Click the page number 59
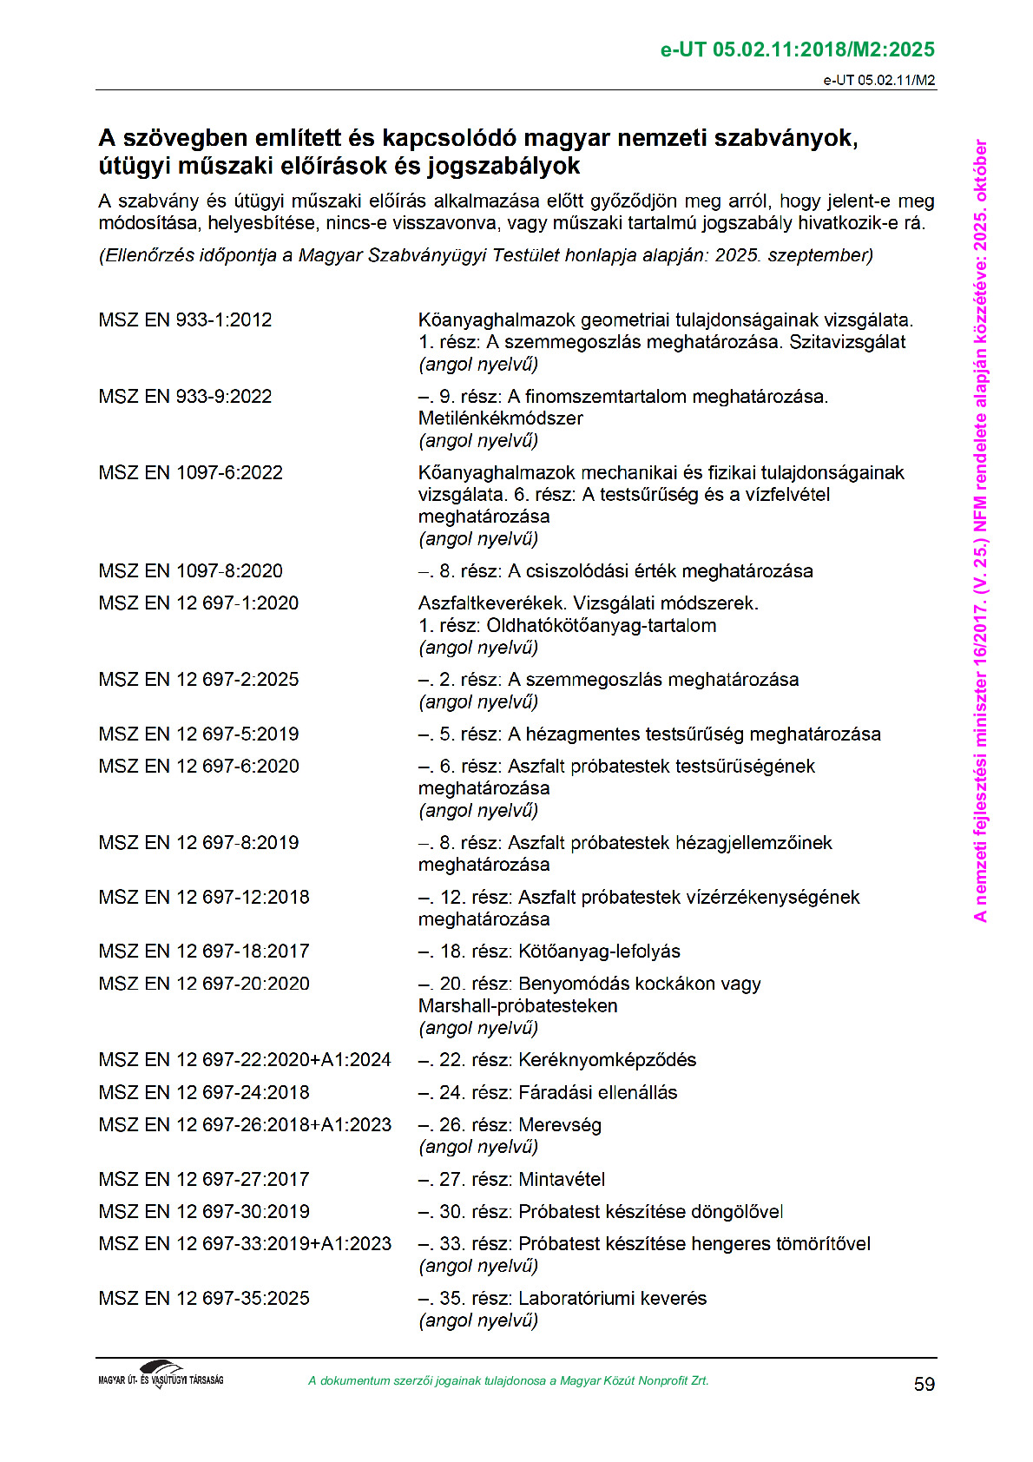click(924, 1384)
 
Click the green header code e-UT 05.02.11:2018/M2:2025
click(797, 49)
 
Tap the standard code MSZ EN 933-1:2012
click(185, 319)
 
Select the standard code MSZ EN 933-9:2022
click(185, 396)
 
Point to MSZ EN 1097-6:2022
click(190, 472)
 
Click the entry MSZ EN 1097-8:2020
click(190, 570)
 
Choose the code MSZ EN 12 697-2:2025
click(198, 679)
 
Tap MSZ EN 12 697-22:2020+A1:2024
click(244, 1059)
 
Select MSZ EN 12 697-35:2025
click(203, 1298)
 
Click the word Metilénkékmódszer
click(500, 418)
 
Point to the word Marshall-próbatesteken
click(517, 1005)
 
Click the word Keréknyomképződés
click(607, 1059)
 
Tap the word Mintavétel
click(562, 1179)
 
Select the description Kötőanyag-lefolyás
click(599, 951)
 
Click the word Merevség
click(559, 1124)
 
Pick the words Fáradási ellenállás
click(597, 1092)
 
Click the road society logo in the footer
click(161, 1375)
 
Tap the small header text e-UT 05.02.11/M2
click(878, 81)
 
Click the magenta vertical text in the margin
click(980, 530)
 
